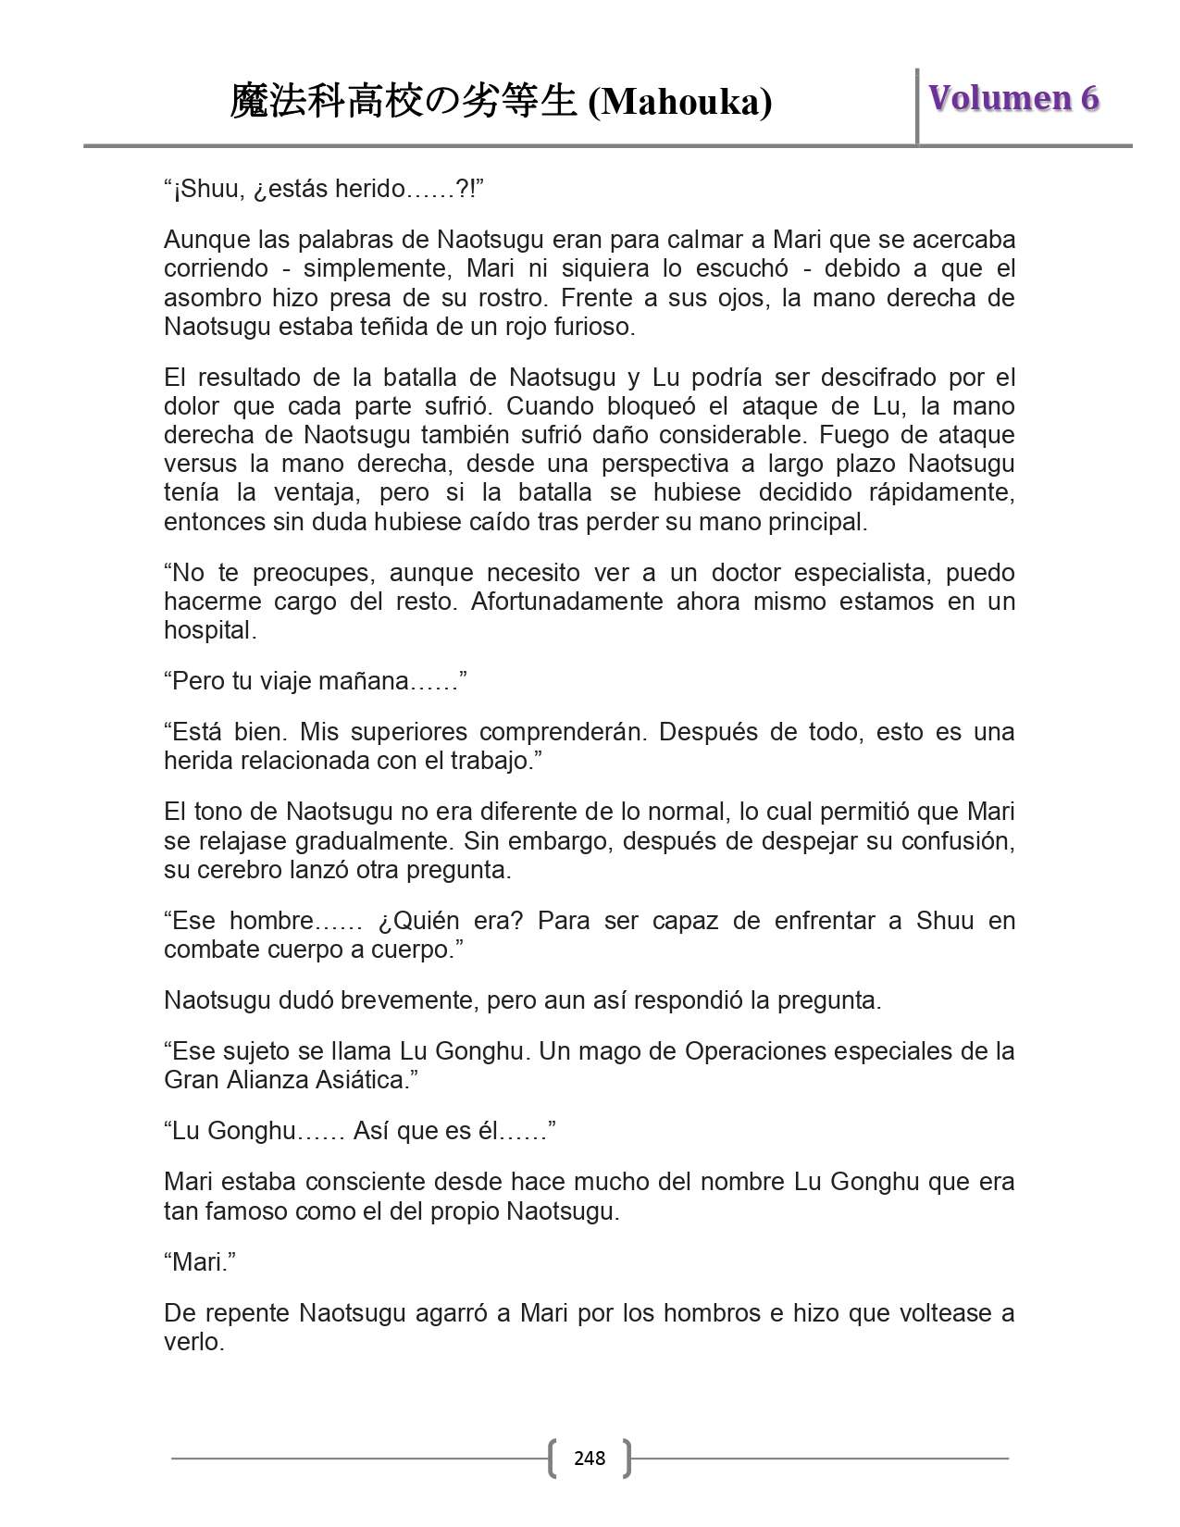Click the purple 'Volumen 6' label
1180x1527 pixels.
[1013, 98]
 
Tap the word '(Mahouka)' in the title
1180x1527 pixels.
[680, 102]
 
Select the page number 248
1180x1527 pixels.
[590, 1459]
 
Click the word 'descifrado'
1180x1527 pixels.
[869, 377]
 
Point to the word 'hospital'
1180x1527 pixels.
[209, 630]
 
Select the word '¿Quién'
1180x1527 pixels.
[418, 920]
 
